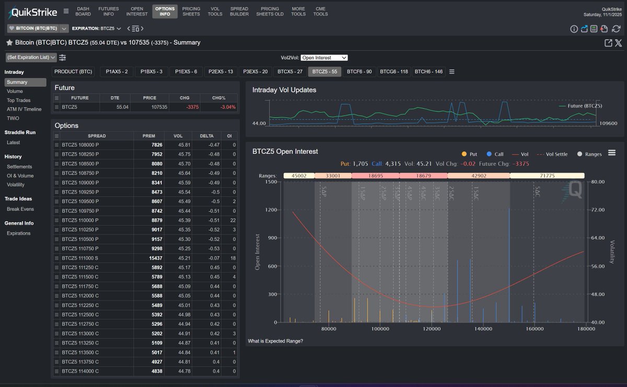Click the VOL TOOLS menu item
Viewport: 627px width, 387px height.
[x=215, y=12]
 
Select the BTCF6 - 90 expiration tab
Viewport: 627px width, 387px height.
[x=359, y=72]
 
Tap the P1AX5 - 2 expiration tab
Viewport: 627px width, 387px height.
[x=117, y=72]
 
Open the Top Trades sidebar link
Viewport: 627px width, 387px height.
[x=19, y=100]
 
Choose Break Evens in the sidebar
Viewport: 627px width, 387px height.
[x=20, y=209]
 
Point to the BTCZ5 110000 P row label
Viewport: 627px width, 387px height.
[x=80, y=220]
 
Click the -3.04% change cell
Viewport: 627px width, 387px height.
[x=219, y=107]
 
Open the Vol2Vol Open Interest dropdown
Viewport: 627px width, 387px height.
[x=324, y=58]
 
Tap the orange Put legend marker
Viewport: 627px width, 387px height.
[x=464, y=154]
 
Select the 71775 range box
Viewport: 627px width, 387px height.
[x=547, y=176]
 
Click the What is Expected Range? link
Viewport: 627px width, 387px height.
[x=275, y=342]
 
